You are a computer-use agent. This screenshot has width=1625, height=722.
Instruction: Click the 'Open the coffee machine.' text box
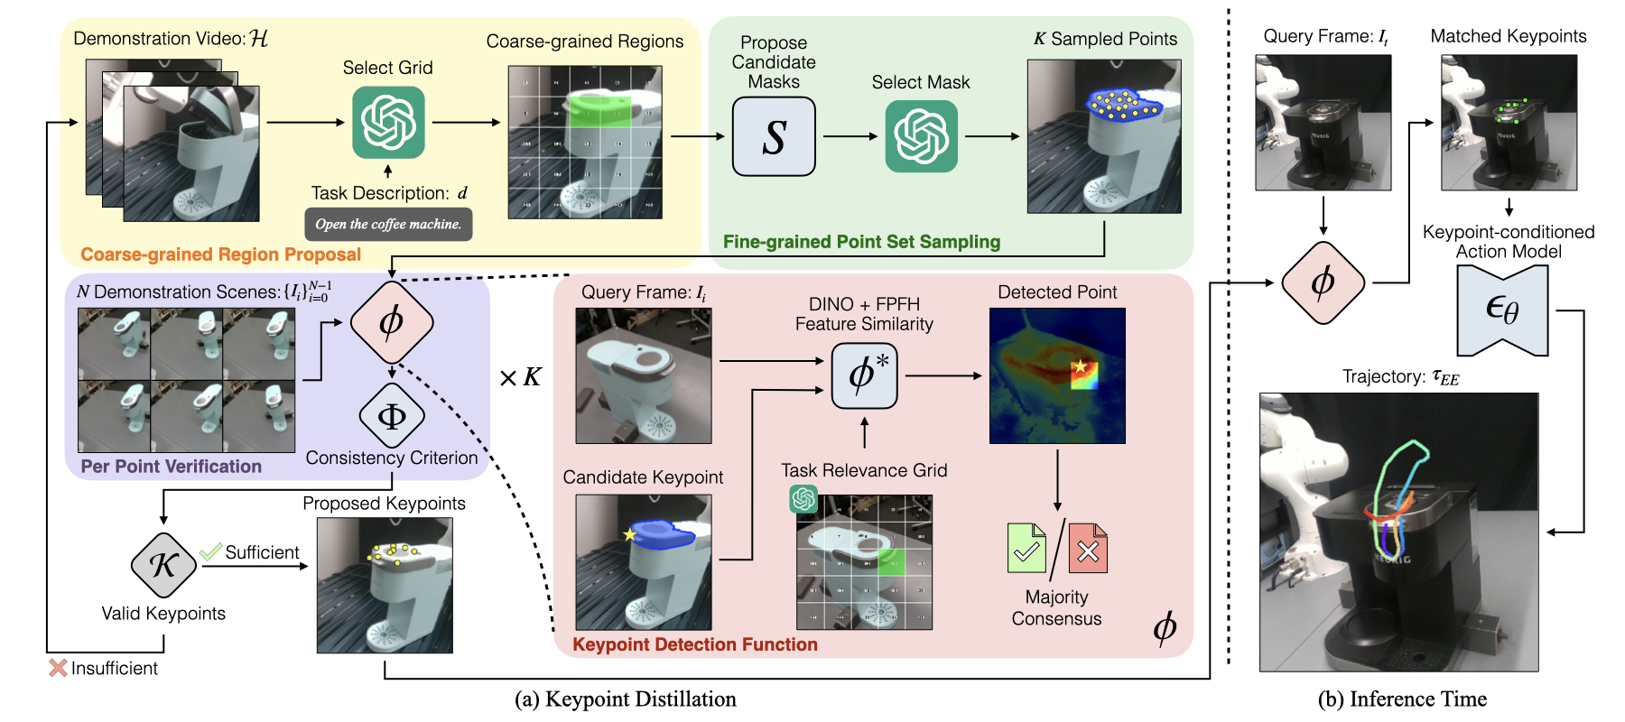click(x=388, y=225)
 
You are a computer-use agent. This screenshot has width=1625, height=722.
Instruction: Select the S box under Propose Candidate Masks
click(x=774, y=137)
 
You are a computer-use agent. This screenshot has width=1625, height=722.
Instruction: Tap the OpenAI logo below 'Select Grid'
click(x=388, y=123)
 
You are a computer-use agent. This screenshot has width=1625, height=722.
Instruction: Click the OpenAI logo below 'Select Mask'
click(x=921, y=136)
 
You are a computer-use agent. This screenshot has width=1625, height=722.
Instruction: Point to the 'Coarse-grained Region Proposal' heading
click(x=220, y=255)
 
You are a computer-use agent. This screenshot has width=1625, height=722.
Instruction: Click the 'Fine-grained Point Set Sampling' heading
click(x=861, y=242)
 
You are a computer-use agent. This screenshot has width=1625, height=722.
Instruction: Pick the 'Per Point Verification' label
click(x=172, y=467)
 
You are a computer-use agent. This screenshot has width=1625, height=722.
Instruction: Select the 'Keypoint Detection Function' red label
click(x=695, y=644)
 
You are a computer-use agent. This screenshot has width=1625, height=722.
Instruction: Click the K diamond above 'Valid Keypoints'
click(x=163, y=565)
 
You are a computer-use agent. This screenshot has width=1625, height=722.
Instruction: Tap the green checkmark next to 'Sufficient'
click(x=211, y=551)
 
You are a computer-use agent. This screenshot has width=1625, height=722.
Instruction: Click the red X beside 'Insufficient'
click(x=58, y=668)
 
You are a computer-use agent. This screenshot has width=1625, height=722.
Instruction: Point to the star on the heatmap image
click(x=1080, y=366)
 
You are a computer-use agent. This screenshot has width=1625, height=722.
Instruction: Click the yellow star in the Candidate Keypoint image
click(x=629, y=535)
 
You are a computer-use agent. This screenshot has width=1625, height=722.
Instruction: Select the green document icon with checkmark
click(x=1026, y=548)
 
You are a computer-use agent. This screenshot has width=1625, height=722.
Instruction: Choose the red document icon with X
click(x=1088, y=548)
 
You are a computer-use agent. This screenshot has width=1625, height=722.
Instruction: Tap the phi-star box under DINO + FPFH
click(x=864, y=375)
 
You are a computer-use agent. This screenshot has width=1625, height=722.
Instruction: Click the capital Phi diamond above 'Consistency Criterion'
click(x=392, y=416)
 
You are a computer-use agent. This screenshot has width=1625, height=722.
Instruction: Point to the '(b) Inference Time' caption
click(x=1402, y=699)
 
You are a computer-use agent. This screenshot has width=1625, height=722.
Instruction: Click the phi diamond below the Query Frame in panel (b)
click(x=1323, y=282)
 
